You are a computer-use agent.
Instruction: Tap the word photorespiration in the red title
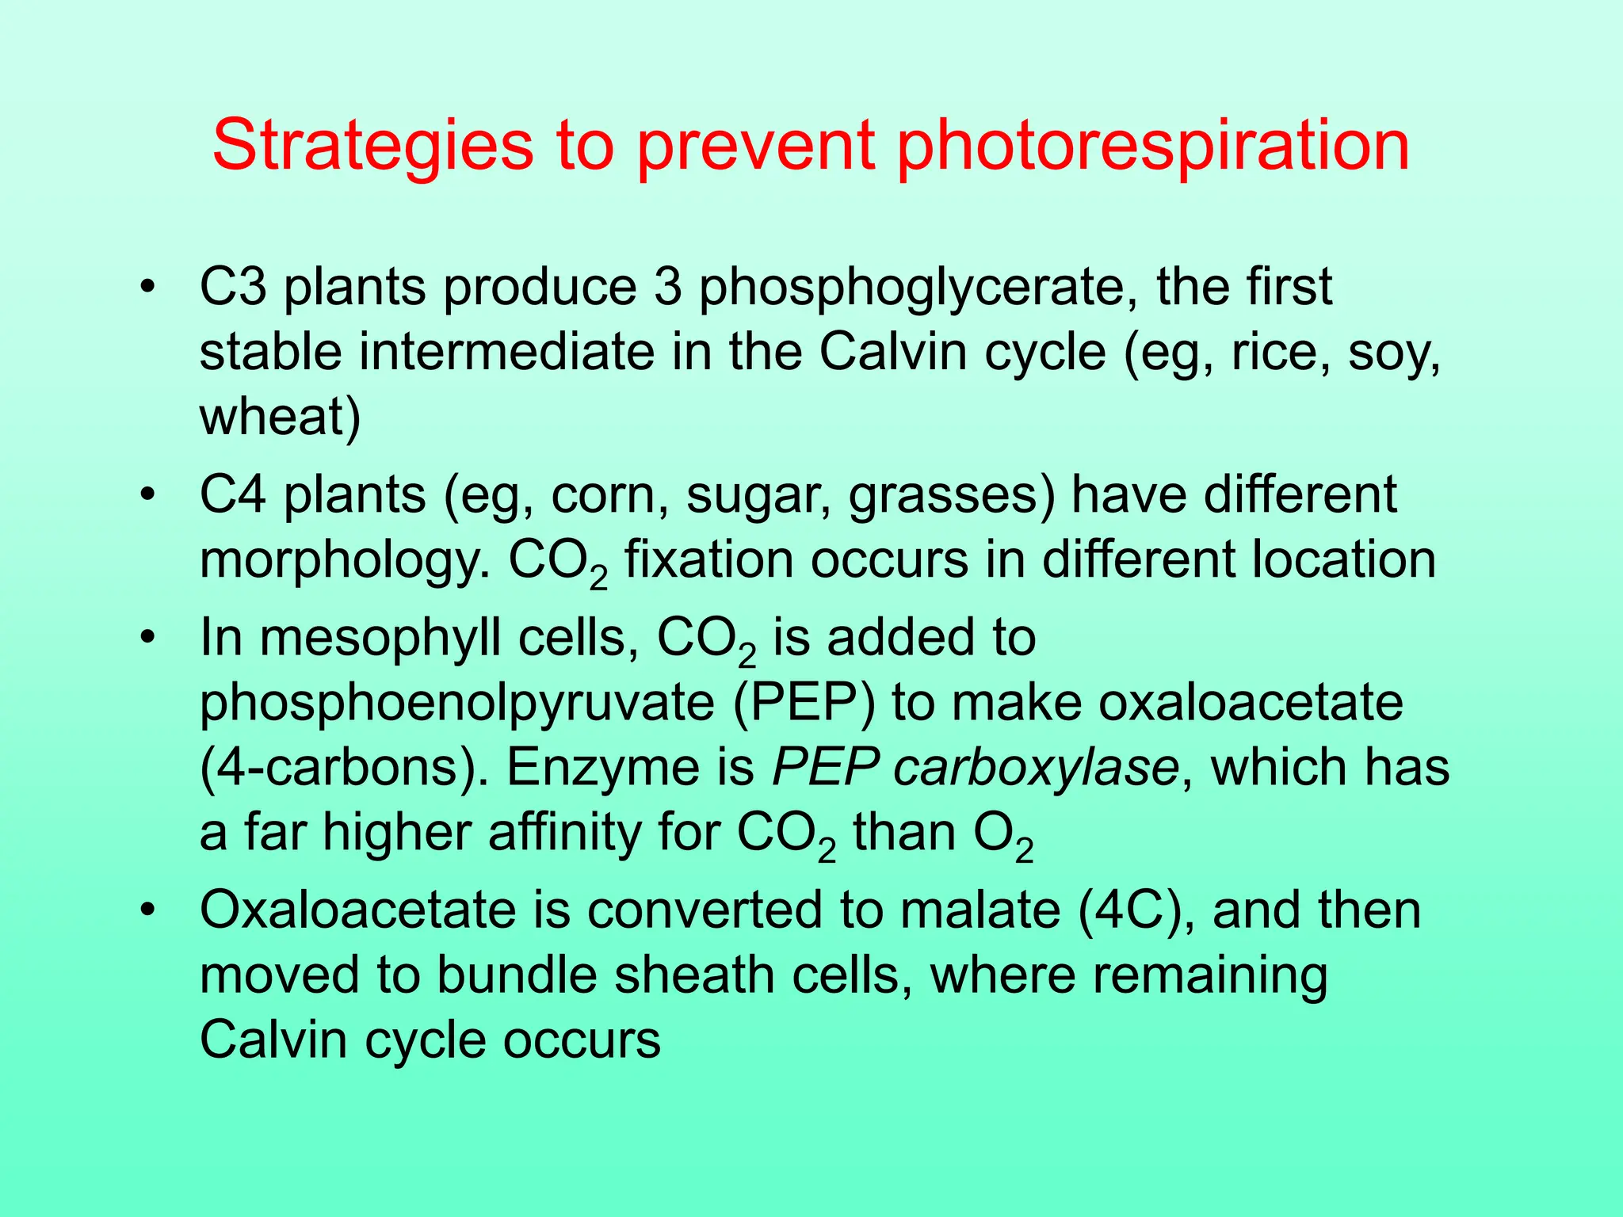[x=1153, y=147]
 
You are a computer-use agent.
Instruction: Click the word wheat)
[x=280, y=418]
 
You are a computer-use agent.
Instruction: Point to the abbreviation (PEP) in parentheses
[x=804, y=704]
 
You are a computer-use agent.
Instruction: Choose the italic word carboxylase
[x=1037, y=769]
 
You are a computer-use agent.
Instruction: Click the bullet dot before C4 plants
[x=145, y=496]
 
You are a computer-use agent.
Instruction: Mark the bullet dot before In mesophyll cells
[x=145, y=639]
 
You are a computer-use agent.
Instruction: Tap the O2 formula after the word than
[x=1003, y=837]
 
